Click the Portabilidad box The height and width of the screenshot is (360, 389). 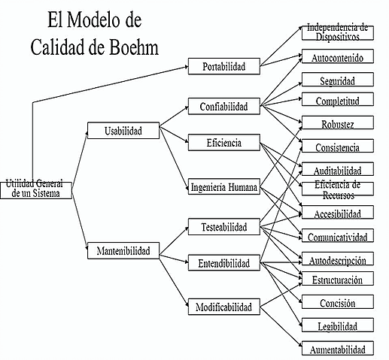[224, 67]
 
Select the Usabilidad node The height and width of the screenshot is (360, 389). [124, 130]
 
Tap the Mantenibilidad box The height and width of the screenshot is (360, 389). [123, 250]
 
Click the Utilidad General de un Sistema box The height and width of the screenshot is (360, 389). [37, 188]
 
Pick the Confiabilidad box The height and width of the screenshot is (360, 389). [224, 106]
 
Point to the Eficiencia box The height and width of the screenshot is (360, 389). [224, 142]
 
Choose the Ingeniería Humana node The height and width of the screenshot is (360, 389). [224, 188]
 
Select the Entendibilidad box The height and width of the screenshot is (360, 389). [224, 264]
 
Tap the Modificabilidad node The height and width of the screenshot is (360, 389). [224, 307]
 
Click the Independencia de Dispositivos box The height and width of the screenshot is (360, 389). [337, 32]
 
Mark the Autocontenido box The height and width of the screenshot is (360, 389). [337, 56]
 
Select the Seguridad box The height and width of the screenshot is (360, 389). [337, 80]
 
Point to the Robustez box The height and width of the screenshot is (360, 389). [337, 124]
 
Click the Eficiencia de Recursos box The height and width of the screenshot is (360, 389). [337, 190]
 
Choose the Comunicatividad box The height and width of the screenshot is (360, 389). [337, 237]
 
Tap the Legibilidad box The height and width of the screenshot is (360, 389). [337, 326]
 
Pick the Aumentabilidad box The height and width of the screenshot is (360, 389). [337, 349]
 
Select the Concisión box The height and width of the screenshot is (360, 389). [337, 303]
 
